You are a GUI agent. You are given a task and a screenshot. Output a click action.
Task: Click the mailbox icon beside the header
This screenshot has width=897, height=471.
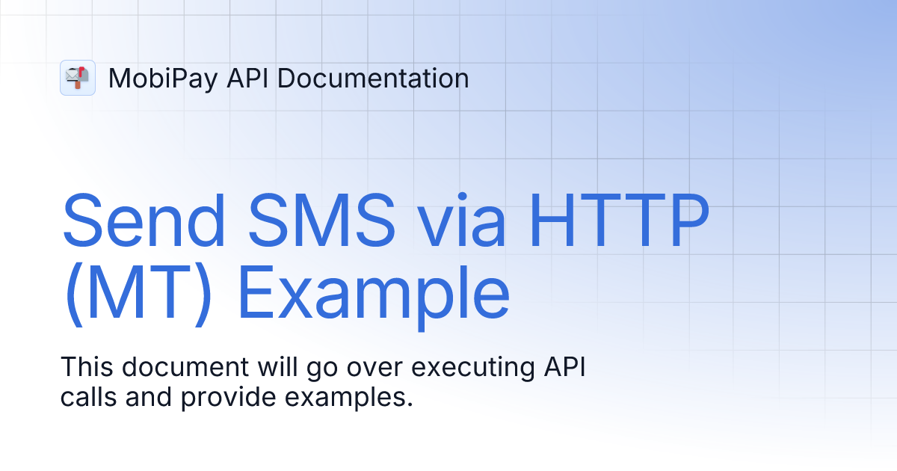tap(78, 78)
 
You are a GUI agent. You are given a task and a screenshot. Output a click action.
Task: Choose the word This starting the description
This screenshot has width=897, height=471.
tap(85, 368)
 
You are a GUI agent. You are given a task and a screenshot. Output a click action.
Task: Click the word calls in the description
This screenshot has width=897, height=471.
tap(88, 397)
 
